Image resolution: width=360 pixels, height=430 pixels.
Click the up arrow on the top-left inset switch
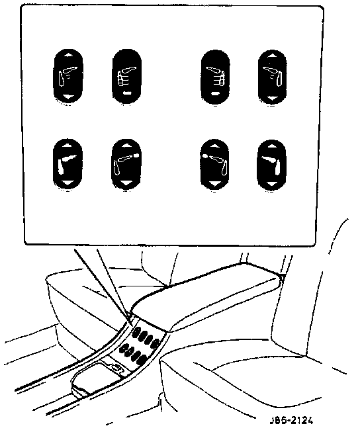[68, 55]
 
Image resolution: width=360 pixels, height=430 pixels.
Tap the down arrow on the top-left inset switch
[68, 97]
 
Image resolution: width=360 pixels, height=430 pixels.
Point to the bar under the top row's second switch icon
[126, 93]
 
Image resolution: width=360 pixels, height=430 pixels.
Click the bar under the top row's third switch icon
[215, 94]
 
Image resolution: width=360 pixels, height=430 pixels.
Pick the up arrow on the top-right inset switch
[272, 56]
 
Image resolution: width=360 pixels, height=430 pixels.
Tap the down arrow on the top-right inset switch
[272, 98]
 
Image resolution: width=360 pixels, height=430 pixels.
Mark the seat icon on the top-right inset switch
[273, 76]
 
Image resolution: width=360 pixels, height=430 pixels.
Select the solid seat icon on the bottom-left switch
[66, 164]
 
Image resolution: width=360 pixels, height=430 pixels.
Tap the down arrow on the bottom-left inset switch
[67, 183]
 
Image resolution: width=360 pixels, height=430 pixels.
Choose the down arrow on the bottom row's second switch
[126, 183]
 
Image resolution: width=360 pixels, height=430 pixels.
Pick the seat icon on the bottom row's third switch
[216, 164]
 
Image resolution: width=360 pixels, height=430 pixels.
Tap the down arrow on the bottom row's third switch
[214, 183]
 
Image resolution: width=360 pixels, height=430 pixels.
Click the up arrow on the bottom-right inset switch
[271, 146]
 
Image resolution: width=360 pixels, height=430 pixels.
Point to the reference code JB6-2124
[291, 420]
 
